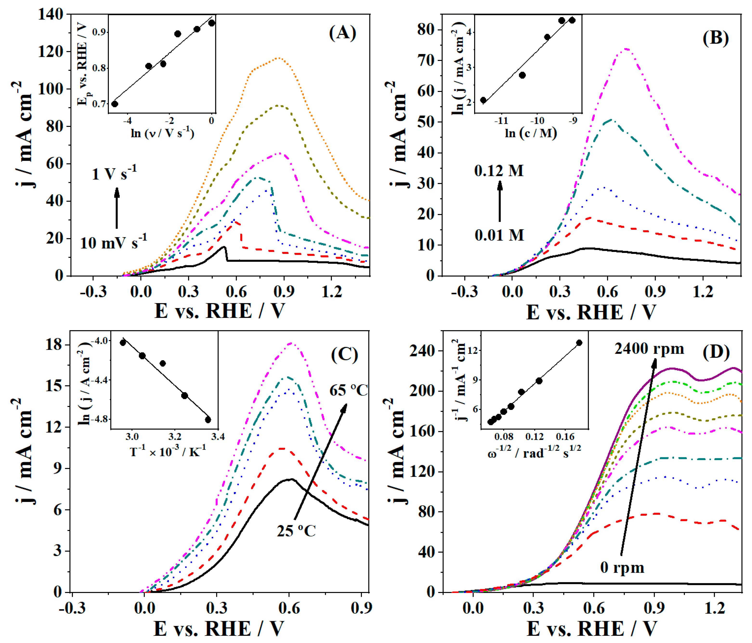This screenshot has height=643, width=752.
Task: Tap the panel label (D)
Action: [716, 352]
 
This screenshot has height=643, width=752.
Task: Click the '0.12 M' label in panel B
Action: [499, 170]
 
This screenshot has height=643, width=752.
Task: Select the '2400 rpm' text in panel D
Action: [649, 348]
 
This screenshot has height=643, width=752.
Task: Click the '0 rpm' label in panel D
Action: [622, 567]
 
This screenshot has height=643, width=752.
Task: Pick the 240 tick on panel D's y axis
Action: [421, 351]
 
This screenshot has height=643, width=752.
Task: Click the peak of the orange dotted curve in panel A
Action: [278, 58]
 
